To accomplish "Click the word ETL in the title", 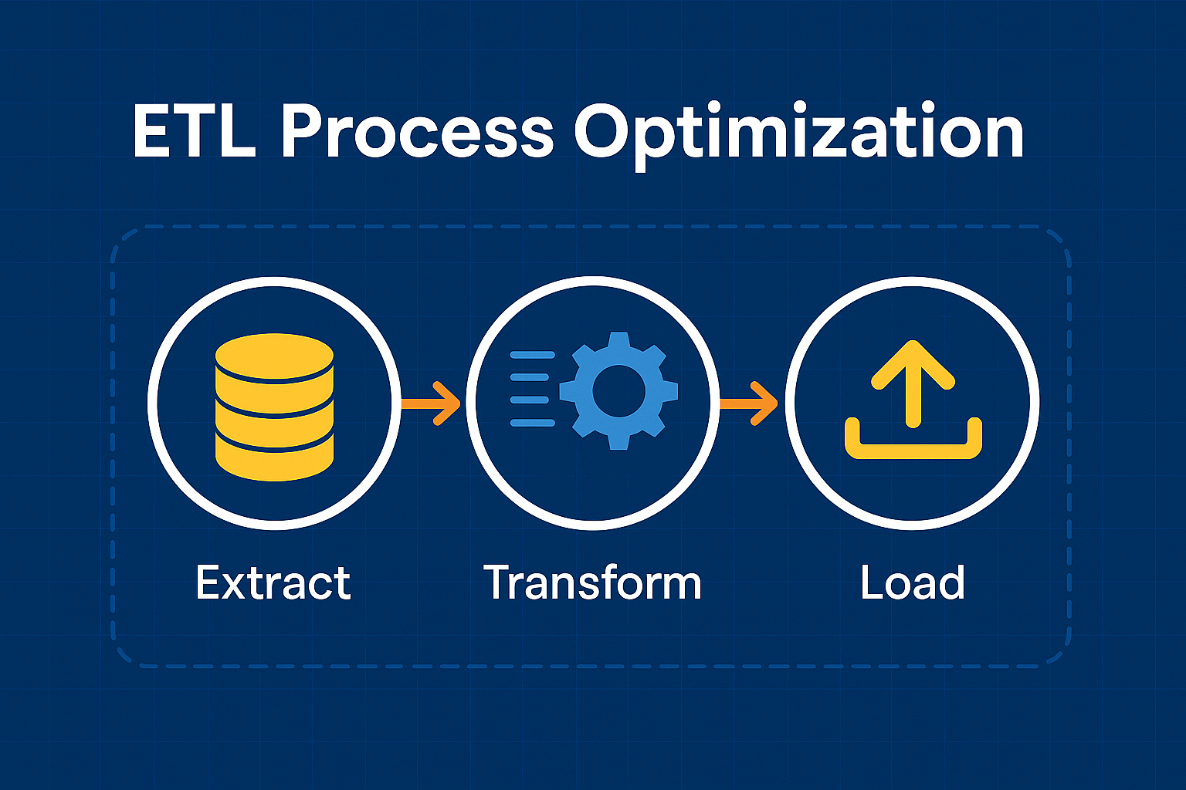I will (194, 132).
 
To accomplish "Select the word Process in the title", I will (416, 132).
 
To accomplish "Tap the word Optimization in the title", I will (798, 135).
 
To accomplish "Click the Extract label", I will (273, 582).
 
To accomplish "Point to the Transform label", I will (592, 582).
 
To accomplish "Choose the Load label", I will (913, 582).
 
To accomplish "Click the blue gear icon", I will (618, 390).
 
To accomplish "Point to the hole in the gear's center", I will (618, 390).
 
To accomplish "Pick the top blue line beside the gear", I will (533, 356).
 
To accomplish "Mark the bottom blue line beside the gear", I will (533, 423).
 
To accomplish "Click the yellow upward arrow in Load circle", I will (913, 382).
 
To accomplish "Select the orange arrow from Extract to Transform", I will (432, 403).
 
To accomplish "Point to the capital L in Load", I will (873, 582).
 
